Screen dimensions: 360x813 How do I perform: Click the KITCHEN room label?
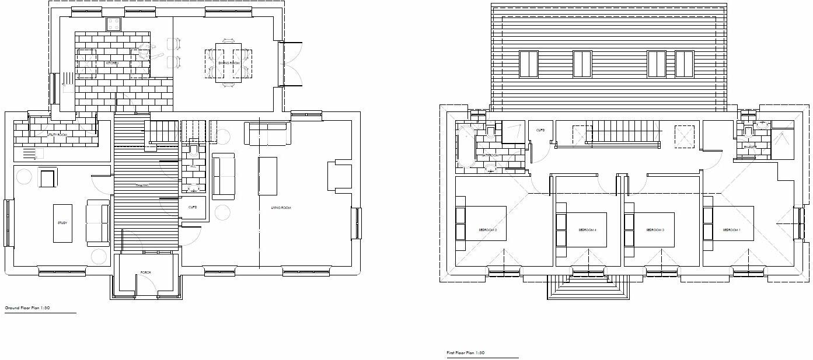(x=112, y=62)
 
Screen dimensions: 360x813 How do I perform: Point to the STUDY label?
(x=62, y=223)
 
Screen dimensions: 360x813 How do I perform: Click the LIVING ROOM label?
(x=280, y=208)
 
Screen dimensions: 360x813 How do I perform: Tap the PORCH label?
(x=145, y=272)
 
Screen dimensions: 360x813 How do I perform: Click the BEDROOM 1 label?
(x=731, y=230)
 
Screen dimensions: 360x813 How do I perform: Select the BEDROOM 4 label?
(x=587, y=230)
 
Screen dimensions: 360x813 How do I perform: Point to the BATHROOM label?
(x=490, y=156)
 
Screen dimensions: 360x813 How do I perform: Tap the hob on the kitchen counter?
(x=113, y=24)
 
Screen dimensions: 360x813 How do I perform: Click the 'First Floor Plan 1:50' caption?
(x=465, y=353)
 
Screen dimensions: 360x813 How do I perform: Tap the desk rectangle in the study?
(x=62, y=223)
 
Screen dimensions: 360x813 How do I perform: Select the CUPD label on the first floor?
(x=540, y=130)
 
